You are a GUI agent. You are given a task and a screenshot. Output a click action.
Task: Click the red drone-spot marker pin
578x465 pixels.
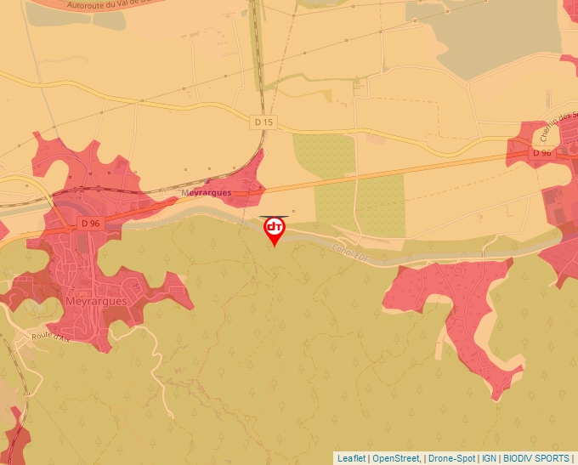point(275,230)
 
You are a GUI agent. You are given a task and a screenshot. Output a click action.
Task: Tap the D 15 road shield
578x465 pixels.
point(264,122)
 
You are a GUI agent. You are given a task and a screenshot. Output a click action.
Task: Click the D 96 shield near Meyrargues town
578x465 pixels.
point(90,223)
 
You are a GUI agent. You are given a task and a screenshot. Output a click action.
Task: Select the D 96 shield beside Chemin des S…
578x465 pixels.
point(541,153)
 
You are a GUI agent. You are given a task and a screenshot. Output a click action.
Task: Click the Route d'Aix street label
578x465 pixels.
point(50,337)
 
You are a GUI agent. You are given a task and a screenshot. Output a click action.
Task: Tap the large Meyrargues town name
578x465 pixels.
point(96,301)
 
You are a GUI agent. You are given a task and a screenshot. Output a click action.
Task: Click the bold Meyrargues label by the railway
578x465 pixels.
point(206,193)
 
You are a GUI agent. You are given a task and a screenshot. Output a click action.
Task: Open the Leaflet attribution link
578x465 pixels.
point(352,458)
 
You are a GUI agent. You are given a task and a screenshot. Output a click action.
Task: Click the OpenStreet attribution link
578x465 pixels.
point(395,458)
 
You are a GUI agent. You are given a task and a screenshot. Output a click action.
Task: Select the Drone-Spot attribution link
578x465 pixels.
point(450,458)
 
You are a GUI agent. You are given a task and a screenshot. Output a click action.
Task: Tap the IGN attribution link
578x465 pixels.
point(490,458)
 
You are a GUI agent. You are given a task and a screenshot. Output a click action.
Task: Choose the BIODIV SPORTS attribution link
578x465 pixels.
point(537,458)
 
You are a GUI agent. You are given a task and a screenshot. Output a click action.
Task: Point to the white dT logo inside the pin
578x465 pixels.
point(275,227)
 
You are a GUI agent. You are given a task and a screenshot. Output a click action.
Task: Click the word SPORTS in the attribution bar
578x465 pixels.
point(553,458)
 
